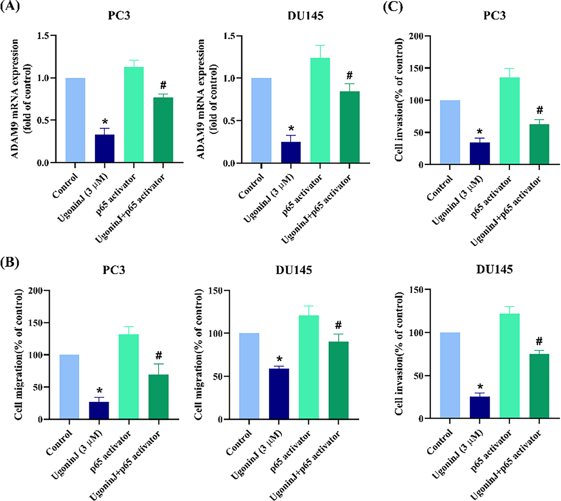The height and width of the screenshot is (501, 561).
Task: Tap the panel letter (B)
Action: pyautogui.click(x=10, y=262)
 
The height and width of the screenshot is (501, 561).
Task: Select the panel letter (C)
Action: pyautogui.click(x=393, y=7)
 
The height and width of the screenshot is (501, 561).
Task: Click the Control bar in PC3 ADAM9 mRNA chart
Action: pyautogui.click(x=75, y=120)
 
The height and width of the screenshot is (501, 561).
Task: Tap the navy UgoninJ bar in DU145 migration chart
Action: pyautogui.click(x=279, y=394)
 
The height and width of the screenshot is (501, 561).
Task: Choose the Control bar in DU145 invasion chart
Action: pyautogui.click(x=450, y=375)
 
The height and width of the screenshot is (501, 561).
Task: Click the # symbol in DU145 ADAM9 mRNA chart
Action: pyautogui.click(x=350, y=75)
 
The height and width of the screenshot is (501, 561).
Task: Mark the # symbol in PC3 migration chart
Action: pyautogui.click(x=159, y=355)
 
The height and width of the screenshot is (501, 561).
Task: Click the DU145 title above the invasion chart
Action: pyautogui.click(x=495, y=269)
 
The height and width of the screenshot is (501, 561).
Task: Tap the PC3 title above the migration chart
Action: pyautogui.click(x=114, y=269)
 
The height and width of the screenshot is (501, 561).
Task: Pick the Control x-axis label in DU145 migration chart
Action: pyautogui.click(x=239, y=443)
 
